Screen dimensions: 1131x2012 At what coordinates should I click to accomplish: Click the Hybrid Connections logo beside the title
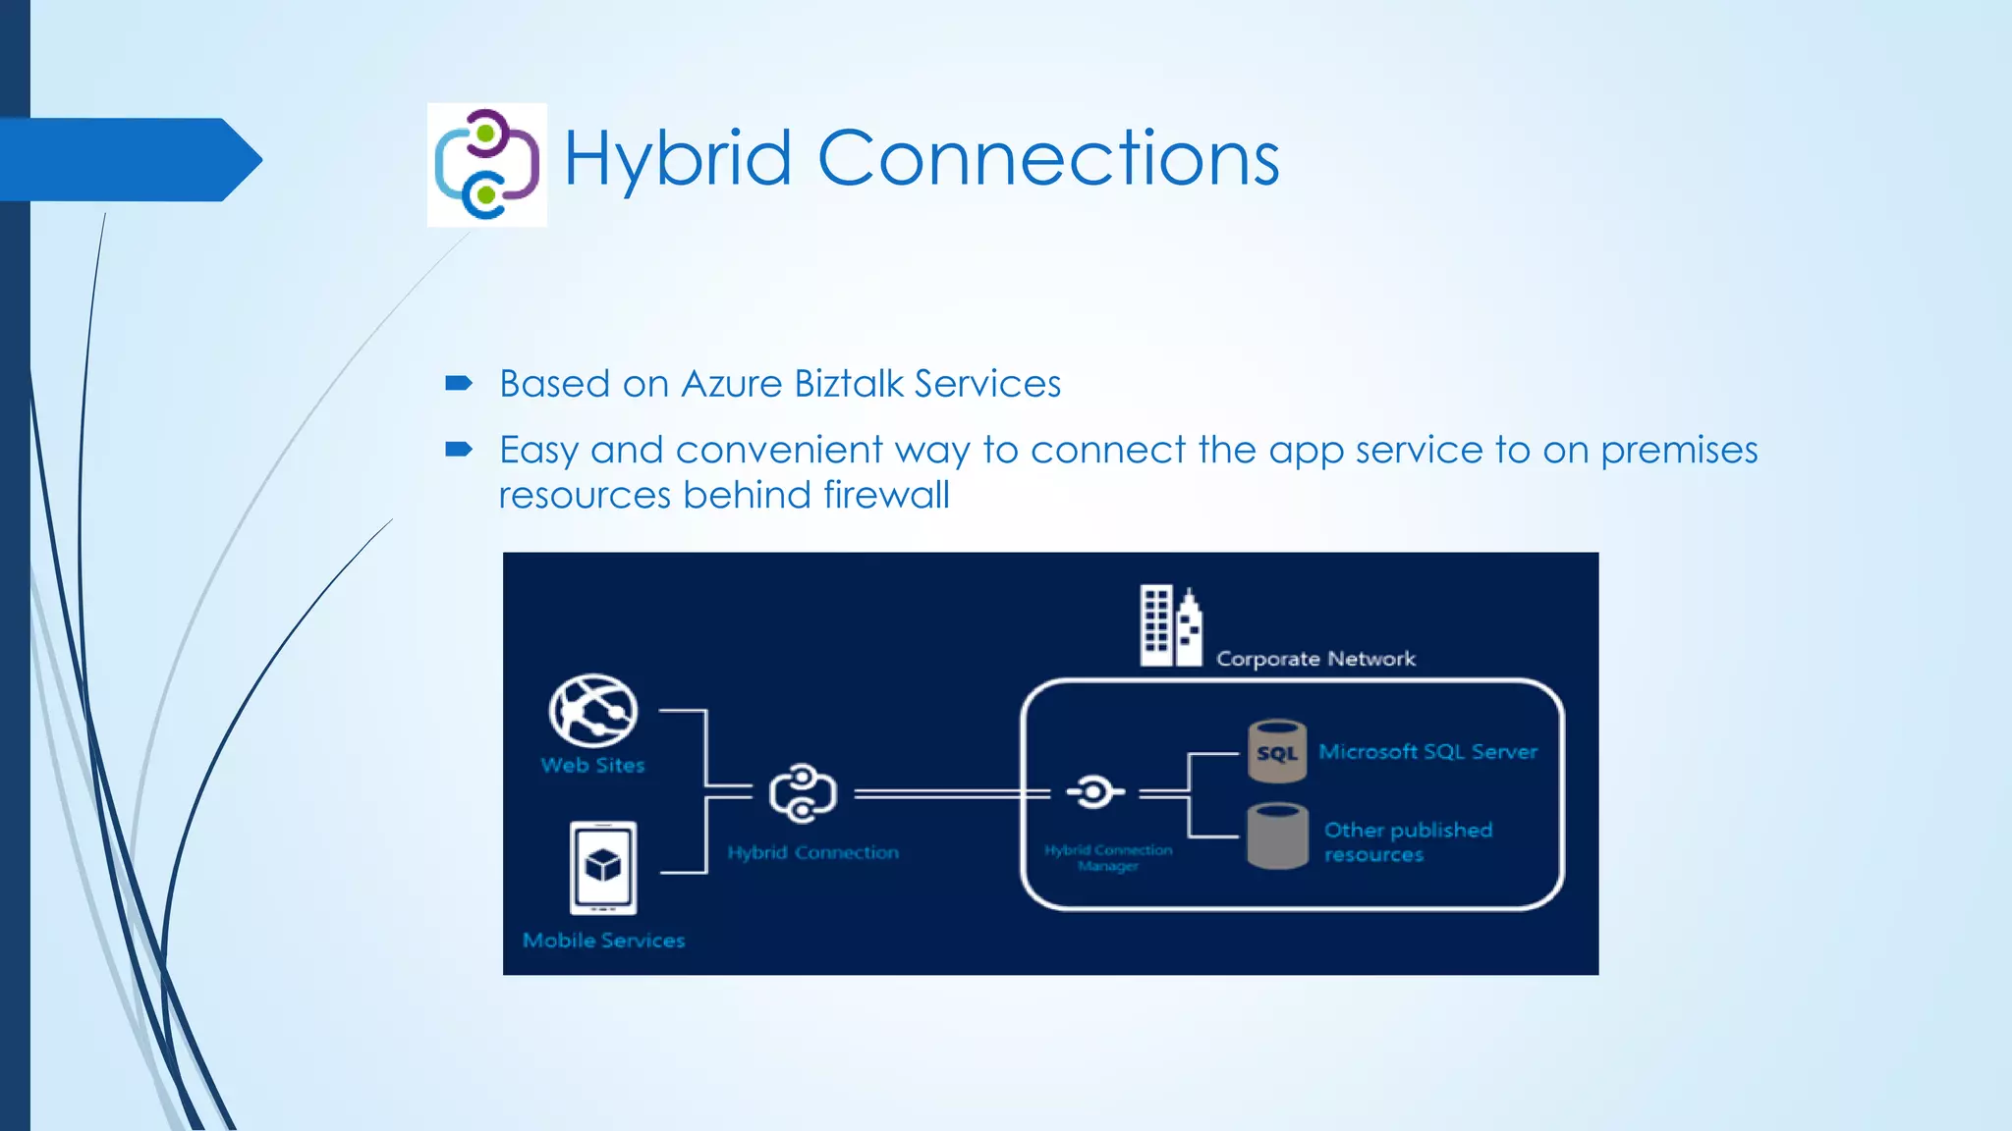point(486,164)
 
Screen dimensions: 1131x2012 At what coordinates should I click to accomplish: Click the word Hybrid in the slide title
point(677,159)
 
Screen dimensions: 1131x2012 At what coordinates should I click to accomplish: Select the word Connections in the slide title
point(1048,159)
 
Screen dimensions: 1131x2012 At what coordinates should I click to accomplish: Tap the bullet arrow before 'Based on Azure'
point(458,383)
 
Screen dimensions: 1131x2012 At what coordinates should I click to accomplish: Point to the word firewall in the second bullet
point(886,495)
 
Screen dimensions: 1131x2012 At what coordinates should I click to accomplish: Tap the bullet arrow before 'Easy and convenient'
point(458,450)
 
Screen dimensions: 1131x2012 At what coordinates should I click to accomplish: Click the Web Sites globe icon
point(592,710)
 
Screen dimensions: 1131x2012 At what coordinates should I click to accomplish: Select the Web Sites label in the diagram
point(592,765)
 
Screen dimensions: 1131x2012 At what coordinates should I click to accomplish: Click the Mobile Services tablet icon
point(602,867)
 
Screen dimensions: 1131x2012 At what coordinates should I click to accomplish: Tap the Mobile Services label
point(603,941)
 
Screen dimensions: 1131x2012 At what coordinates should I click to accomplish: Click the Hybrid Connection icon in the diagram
point(803,792)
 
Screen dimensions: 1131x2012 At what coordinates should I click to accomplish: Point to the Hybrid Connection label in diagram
point(812,852)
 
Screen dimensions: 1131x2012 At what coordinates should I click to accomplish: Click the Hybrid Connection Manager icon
point(1093,791)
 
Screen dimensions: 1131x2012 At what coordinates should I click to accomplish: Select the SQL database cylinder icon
point(1276,751)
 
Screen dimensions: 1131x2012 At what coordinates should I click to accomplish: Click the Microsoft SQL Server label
point(1427,752)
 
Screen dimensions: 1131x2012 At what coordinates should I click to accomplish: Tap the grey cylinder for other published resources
point(1276,835)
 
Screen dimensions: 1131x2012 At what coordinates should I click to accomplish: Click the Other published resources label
point(1407,841)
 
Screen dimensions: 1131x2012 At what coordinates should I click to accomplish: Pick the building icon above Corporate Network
point(1170,625)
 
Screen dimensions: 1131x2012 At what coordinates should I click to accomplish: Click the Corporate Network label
point(1315,659)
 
